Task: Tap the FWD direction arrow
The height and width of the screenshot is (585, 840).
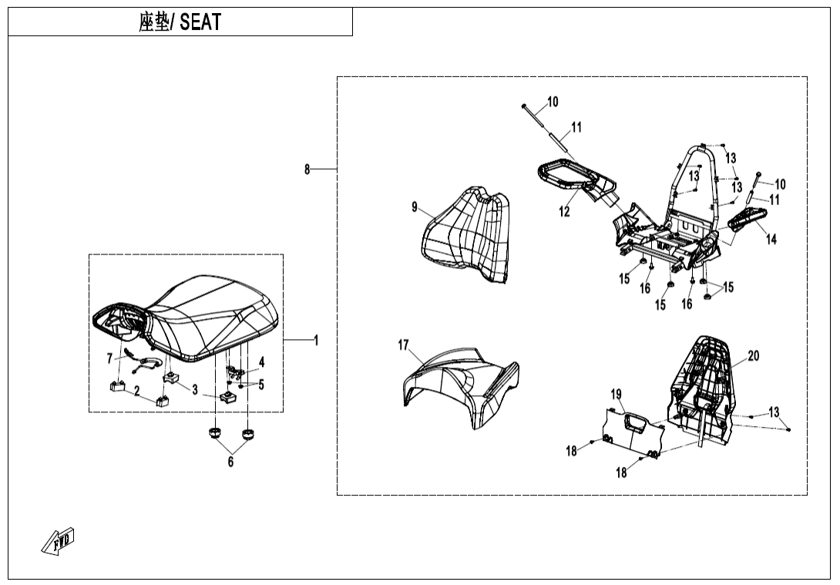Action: [x=59, y=541]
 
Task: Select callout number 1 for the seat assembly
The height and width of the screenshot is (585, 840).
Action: [x=316, y=340]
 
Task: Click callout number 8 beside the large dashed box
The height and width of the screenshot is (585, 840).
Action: [x=307, y=169]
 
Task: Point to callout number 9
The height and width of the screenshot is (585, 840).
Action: [x=415, y=207]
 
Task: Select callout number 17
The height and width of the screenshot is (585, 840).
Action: [x=403, y=345]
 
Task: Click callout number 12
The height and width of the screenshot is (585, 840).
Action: [x=565, y=212]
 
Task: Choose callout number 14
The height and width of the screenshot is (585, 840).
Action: [x=771, y=239]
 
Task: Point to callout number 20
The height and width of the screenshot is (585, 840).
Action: [x=753, y=355]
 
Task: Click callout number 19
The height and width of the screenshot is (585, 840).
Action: [x=617, y=395]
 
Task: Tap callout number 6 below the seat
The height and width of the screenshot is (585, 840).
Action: [x=230, y=462]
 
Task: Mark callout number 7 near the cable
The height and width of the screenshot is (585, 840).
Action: [x=109, y=358]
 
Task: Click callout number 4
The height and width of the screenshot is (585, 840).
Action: [x=261, y=361]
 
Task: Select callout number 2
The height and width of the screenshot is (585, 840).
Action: [x=137, y=391]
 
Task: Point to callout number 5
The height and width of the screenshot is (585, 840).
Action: [x=261, y=385]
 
